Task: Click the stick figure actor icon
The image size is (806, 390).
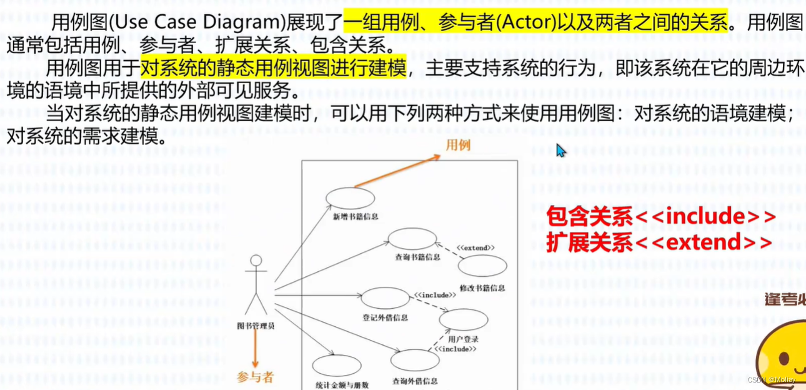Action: [x=256, y=284]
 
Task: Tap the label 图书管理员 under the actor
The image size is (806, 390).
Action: [x=256, y=325]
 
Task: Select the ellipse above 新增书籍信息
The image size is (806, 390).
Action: [x=350, y=198]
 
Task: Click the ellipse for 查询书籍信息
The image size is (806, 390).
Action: [x=412, y=239]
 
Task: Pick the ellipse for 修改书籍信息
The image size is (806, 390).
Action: [x=482, y=266]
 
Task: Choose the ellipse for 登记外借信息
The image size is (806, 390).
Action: [x=385, y=299]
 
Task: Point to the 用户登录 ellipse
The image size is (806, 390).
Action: [x=463, y=320]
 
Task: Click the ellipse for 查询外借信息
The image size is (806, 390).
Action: [x=415, y=361]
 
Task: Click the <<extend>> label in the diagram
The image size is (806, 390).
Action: [x=475, y=248]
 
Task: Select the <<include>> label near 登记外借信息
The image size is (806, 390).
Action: [x=435, y=294]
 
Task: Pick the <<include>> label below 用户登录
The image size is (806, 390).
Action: [x=455, y=349]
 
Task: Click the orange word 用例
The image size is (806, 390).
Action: [x=457, y=146]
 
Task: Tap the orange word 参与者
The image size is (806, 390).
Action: [x=255, y=377]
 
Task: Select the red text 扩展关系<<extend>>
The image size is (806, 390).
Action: [x=659, y=242]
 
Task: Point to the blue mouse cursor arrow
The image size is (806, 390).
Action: [x=560, y=151]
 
